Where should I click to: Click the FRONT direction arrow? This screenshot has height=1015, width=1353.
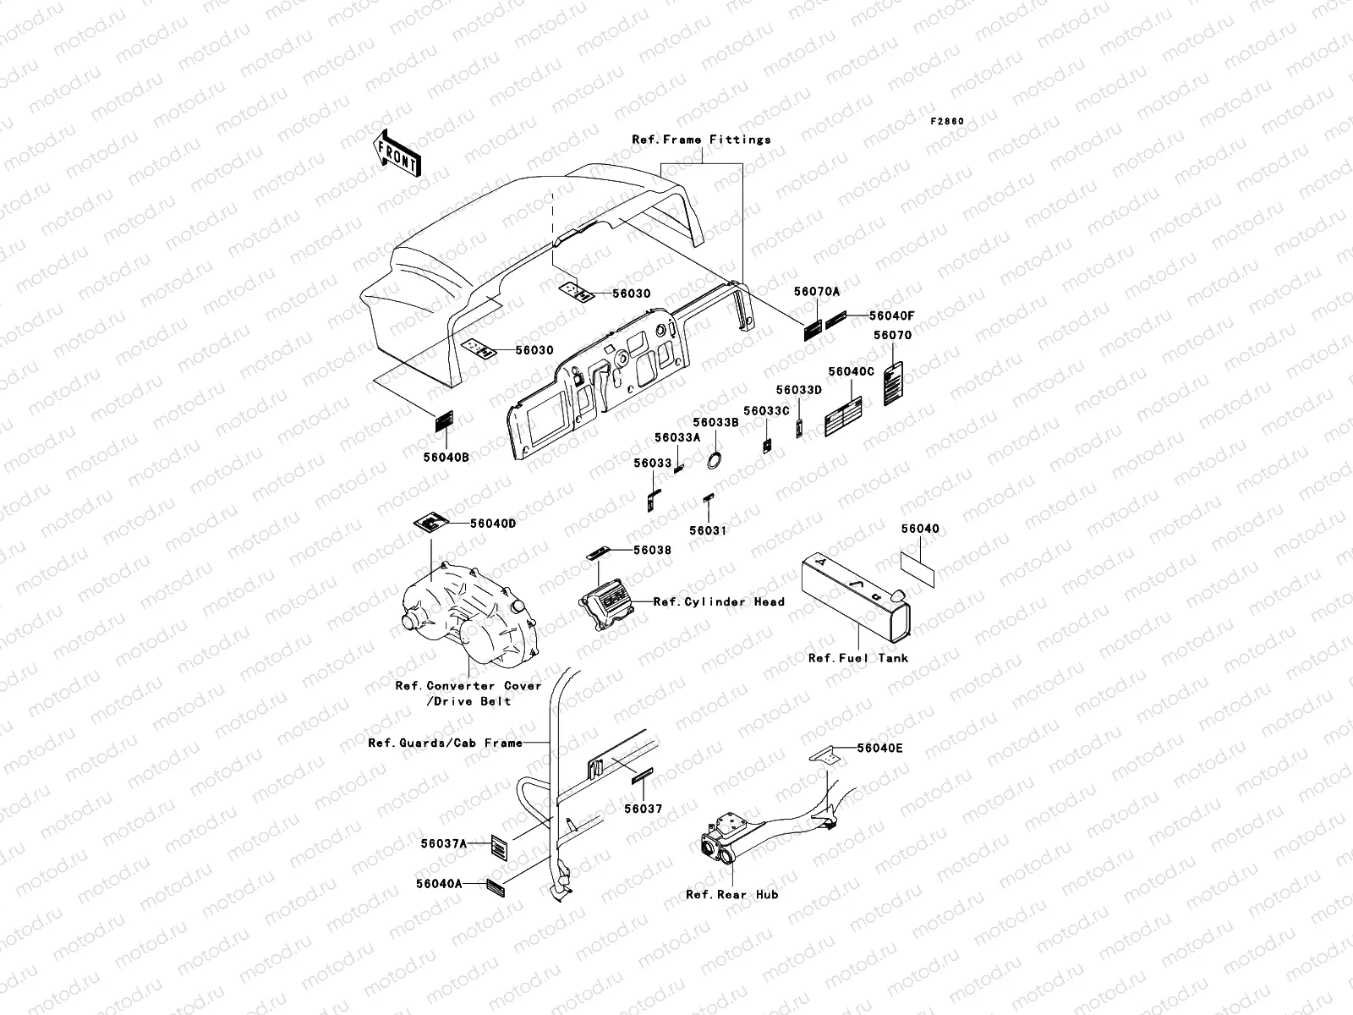(x=397, y=153)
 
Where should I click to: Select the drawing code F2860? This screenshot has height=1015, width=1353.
(x=947, y=122)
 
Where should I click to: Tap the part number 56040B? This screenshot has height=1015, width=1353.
(x=446, y=457)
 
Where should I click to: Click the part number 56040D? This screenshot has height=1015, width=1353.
(x=493, y=524)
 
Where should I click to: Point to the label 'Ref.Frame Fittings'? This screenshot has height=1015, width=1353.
(x=701, y=140)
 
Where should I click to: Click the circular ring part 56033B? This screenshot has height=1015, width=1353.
(x=714, y=459)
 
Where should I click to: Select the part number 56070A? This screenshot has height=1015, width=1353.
(x=817, y=292)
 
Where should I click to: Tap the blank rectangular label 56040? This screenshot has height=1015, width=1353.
(x=918, y=568)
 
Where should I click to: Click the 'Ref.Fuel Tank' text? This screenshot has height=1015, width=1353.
(x=858, y=658)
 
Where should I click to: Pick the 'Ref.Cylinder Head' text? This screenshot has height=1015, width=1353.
(x=719, y=602)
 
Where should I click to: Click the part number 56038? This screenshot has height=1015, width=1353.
(x=652, y=551)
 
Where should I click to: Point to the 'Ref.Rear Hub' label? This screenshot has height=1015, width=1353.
(x=732, y=894)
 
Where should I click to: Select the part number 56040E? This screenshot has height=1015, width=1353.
(x=879, y=748)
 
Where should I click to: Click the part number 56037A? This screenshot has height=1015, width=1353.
(x=444, y=843)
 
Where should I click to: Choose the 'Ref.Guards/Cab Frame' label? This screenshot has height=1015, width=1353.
(x=445, y=743)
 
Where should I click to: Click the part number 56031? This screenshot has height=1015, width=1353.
(x=708, y=530)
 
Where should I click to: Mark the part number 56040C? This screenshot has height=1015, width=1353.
(x=852, y=372)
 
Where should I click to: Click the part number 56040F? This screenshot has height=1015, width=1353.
(x=892, y=315)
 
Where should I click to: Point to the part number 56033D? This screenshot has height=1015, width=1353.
(x=799, y=390)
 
